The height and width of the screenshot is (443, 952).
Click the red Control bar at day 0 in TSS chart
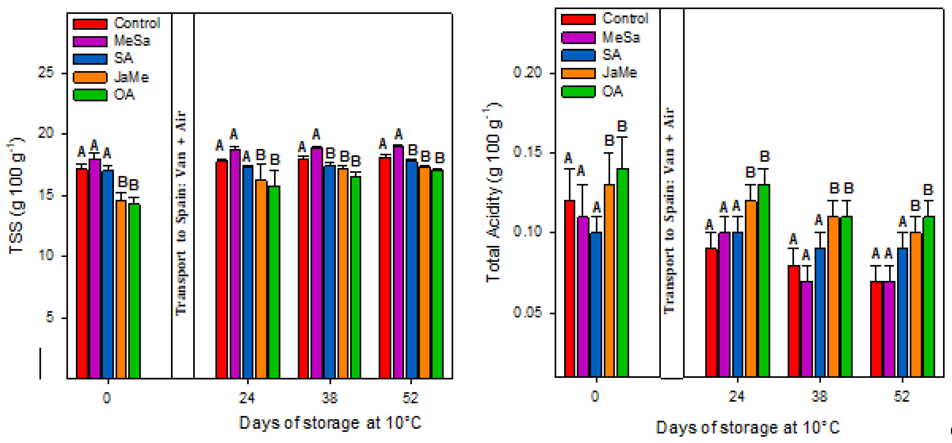click(x=82, y=274)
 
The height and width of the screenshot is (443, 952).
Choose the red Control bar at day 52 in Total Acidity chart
click(x=876, y=329)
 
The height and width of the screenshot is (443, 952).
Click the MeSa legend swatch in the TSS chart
click(x=90, y=41)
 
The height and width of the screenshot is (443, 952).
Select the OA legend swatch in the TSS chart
click(x=90, y=95)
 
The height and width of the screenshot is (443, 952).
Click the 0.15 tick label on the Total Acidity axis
click(x=527, y=152)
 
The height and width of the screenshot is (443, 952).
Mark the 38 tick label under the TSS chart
click(x=329, y=398)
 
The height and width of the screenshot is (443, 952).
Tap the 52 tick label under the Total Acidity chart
click(x=901, y=396)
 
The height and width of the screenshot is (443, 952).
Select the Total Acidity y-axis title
click(x=493, y=192)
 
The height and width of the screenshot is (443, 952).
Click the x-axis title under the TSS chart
click(x=330, y=423)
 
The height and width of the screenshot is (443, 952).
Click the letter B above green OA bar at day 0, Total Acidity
click(x=622, y=126)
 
